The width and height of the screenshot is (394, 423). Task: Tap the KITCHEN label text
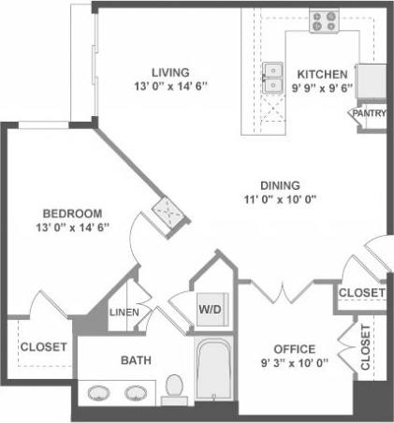click(322, 74)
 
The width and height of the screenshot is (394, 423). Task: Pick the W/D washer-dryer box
click(209, 307)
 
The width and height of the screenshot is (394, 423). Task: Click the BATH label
click(136, 359)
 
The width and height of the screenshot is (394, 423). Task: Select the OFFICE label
click(293, 349)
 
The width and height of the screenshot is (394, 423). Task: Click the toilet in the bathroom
click(173, 387)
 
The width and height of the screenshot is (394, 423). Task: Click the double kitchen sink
click(274, 79)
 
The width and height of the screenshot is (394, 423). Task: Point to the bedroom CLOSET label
click(43, 346)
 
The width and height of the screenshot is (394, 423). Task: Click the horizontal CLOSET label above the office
click(361, 293)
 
